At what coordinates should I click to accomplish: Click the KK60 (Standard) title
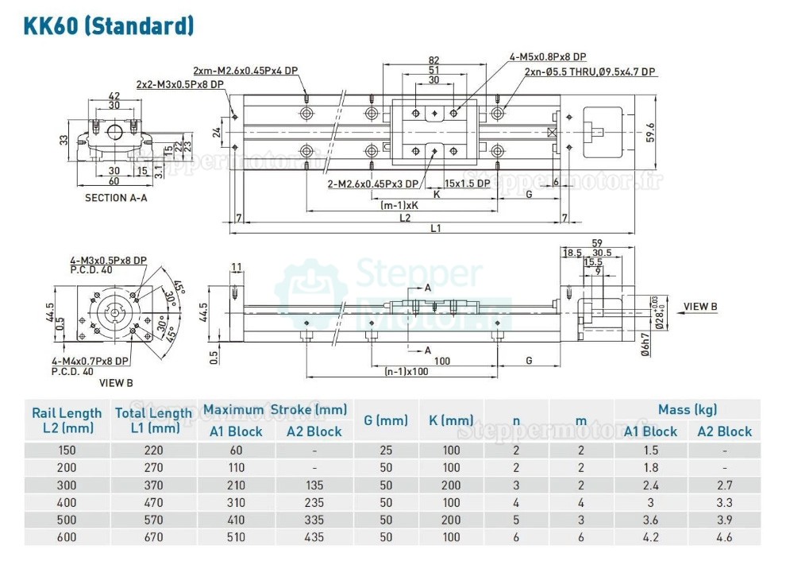click(110, 25)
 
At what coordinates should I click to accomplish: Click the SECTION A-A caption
click(116, 198)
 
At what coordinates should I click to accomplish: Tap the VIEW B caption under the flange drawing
click(116, 382)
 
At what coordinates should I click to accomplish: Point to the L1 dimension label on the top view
click(436, 229)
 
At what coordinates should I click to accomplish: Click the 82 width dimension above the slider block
click(434, 60)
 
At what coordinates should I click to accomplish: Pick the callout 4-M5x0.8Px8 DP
click(548, 56)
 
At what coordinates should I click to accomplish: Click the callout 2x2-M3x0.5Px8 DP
click(179, 83)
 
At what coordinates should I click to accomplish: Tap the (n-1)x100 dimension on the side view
click(406, 371)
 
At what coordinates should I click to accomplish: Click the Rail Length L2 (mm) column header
click(67, 420)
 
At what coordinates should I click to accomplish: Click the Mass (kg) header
click(687, 410)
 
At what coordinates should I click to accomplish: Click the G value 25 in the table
click(386, 450)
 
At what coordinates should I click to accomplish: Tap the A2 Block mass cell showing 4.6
click(724, 537)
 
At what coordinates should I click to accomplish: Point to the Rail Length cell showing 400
click(67, 502)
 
